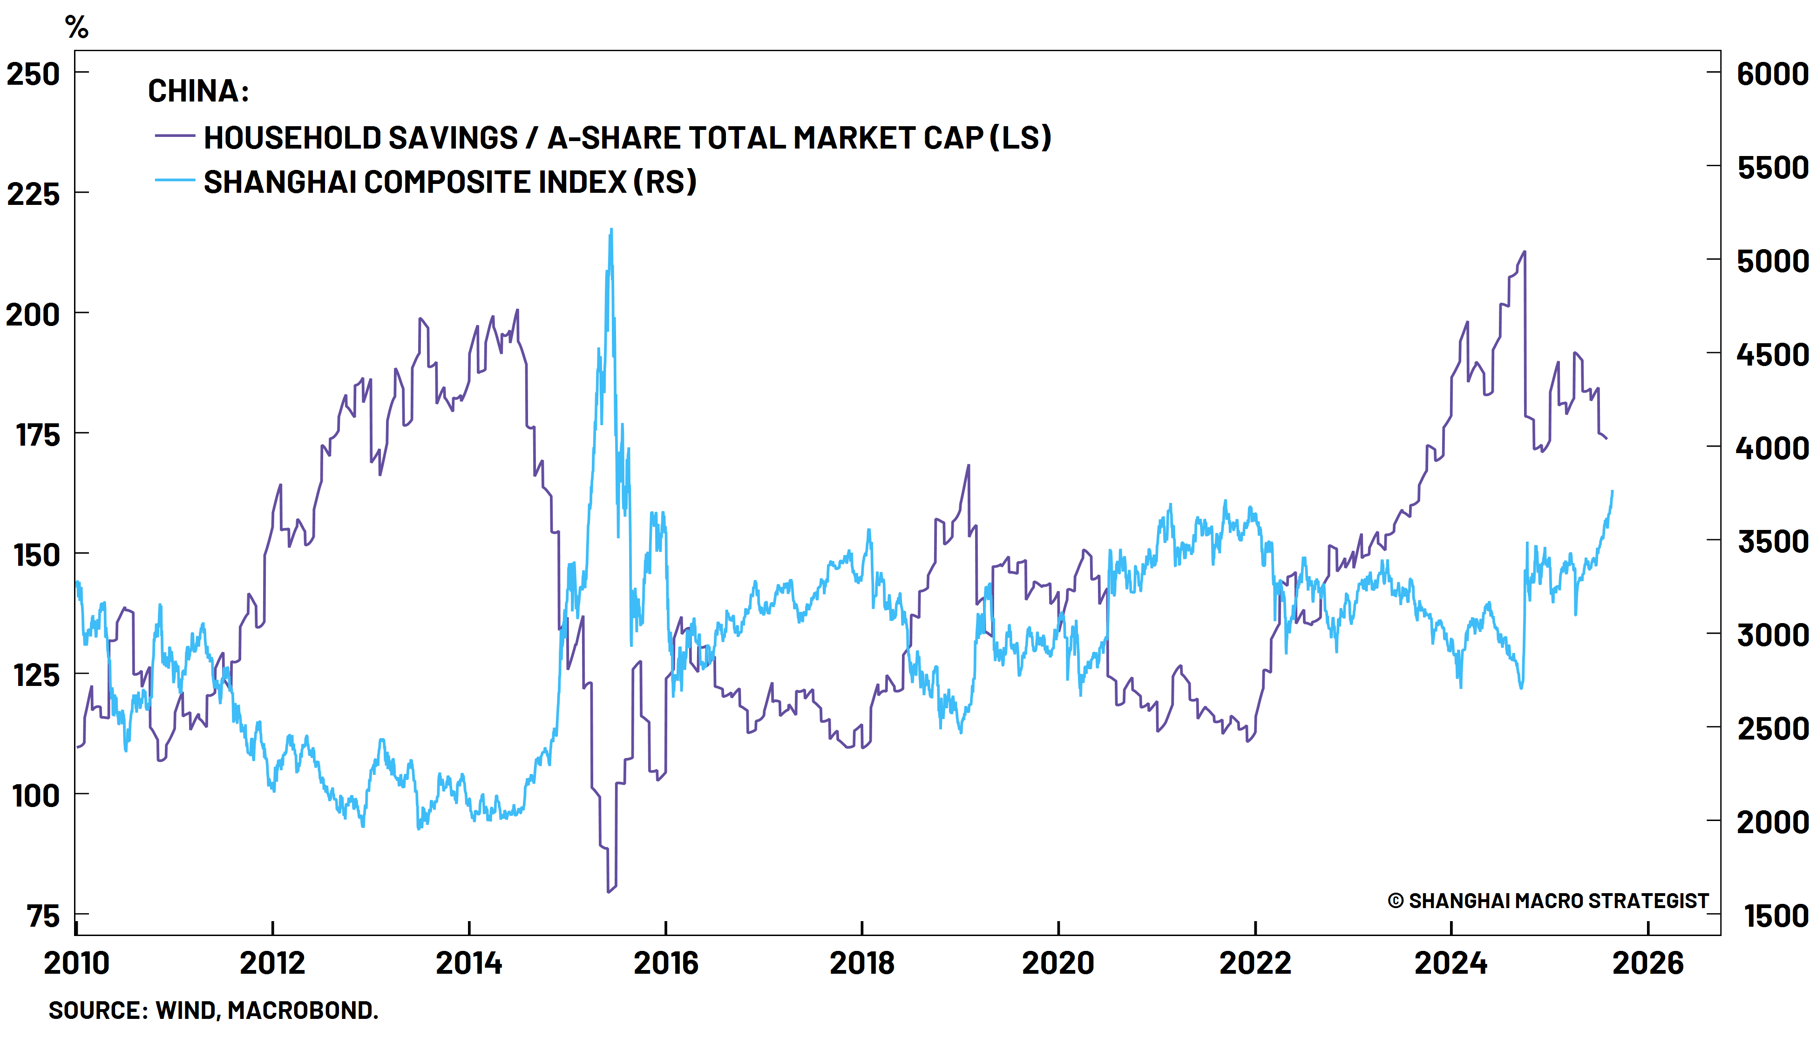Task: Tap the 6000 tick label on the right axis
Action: [x=1772, y=74]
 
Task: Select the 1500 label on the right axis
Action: [x=1775, y=916]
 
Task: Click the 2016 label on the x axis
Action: [x=666, y=963]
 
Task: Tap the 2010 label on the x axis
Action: [x=76, y=963]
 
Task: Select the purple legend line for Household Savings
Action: [x=175, y=136]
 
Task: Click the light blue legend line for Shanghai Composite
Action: [x=175, y=180]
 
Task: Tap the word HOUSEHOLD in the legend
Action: [x=289, y=137]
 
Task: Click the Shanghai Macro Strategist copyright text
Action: [x=1547, y=901]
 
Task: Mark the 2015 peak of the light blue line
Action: [x=611, y=230]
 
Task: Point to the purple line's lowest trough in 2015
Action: [x=608, y=891]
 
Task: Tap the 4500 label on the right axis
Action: [x=1772, y=354]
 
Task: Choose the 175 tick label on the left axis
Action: [x=38, y=435]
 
